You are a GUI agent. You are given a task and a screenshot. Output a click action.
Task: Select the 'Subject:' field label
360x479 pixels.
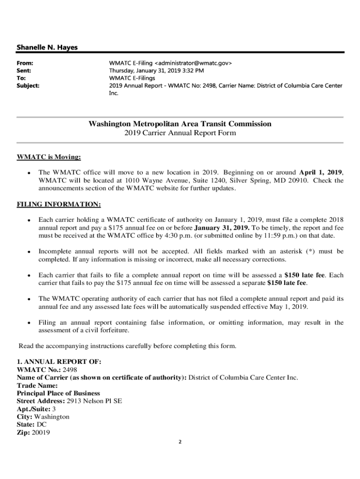point(28,86)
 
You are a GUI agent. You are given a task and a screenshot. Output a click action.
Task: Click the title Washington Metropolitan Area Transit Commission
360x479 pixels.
point(180,124)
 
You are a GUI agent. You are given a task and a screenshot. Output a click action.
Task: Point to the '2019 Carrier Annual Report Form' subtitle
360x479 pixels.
point(180,133)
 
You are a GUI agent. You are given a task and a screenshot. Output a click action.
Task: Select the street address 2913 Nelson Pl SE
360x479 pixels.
point(94,401)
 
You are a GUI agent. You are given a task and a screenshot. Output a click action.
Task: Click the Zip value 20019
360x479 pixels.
point(41,433)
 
